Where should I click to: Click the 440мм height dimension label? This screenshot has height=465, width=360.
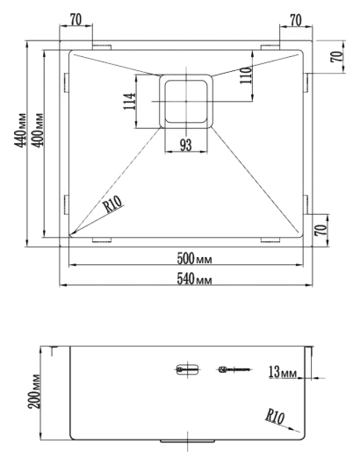click(x=20, y=130)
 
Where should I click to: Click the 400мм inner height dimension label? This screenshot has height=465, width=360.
click(x=38, y=130)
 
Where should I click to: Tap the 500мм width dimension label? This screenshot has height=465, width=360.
click(x=194, y=259)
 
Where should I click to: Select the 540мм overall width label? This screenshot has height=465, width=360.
click(x=194, y=279)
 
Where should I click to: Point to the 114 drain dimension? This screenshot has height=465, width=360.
click(x=129, y=102)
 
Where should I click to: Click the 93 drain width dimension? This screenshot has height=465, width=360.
click(x=186, y=146)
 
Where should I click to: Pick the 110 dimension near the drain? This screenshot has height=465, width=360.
click(x=246, y=75)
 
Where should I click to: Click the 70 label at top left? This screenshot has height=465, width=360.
click(x=76, y=20)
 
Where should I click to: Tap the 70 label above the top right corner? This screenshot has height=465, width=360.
click(x=296, y=20)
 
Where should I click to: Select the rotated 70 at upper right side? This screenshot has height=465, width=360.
click(x=336, y=57)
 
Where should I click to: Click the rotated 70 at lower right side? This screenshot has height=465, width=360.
click(x=320, y=230)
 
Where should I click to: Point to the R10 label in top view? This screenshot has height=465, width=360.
click(x=113, y=204)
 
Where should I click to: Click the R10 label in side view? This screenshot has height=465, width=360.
click(x=275, y=417)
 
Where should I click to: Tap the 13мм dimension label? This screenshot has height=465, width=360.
click(x=282, y=373)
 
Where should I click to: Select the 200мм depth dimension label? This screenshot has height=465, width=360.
click(x=34, y=392)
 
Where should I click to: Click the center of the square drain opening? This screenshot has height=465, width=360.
click(x=186, y=102)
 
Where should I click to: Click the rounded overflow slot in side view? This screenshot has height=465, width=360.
click(x=187, y=369)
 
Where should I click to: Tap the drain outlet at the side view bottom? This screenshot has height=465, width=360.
click(x=188, y=441)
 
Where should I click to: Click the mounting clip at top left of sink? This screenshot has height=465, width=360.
click(x=102, y=47)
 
